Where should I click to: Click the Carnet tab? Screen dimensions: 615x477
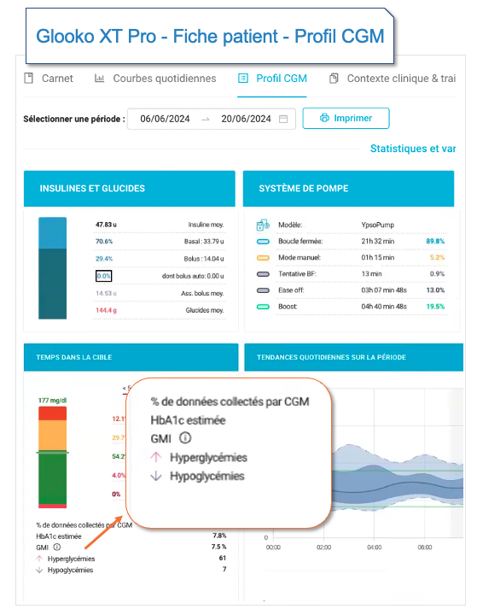[x=49, y=79]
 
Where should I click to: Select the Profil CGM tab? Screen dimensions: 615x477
[x=273, y=79]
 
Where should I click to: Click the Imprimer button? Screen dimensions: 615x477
[x=346, y=118]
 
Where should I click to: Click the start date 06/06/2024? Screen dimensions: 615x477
[x=163, y=119]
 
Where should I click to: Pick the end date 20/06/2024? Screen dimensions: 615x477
[x=246, y=119]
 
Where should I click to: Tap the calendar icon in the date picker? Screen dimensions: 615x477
[x=283, y=119]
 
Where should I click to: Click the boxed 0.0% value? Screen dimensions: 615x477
[x=103, y=276]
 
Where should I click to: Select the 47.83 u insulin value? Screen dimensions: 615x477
[x=105, y=225]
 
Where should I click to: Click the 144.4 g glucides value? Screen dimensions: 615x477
[x=106, y=310]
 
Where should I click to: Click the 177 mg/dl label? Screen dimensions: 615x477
[x=55, y=399]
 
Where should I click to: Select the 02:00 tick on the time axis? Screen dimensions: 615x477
[x=323, y=548]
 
